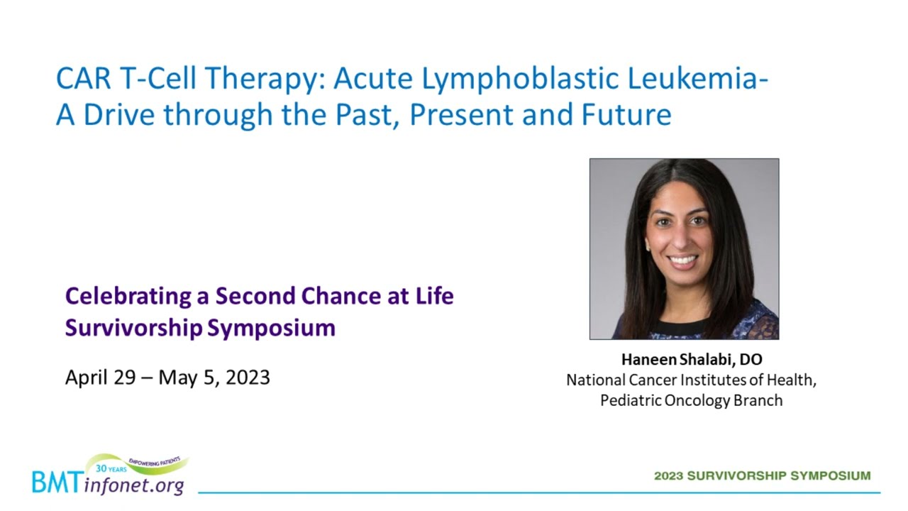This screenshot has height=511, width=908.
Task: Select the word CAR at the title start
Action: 83,78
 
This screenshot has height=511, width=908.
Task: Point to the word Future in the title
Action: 626,114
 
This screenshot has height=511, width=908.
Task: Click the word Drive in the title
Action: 119,114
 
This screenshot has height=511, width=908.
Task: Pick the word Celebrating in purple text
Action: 128,297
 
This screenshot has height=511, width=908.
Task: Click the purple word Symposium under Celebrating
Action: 271,329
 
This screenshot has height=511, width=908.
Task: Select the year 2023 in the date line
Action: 248,378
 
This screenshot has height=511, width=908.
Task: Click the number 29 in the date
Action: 124,378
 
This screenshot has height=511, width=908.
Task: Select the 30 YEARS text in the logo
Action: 111,469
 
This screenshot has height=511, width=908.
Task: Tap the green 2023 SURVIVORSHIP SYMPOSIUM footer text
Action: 763,476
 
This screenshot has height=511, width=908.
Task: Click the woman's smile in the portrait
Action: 682,260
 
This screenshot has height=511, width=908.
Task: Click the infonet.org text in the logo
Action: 134,485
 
